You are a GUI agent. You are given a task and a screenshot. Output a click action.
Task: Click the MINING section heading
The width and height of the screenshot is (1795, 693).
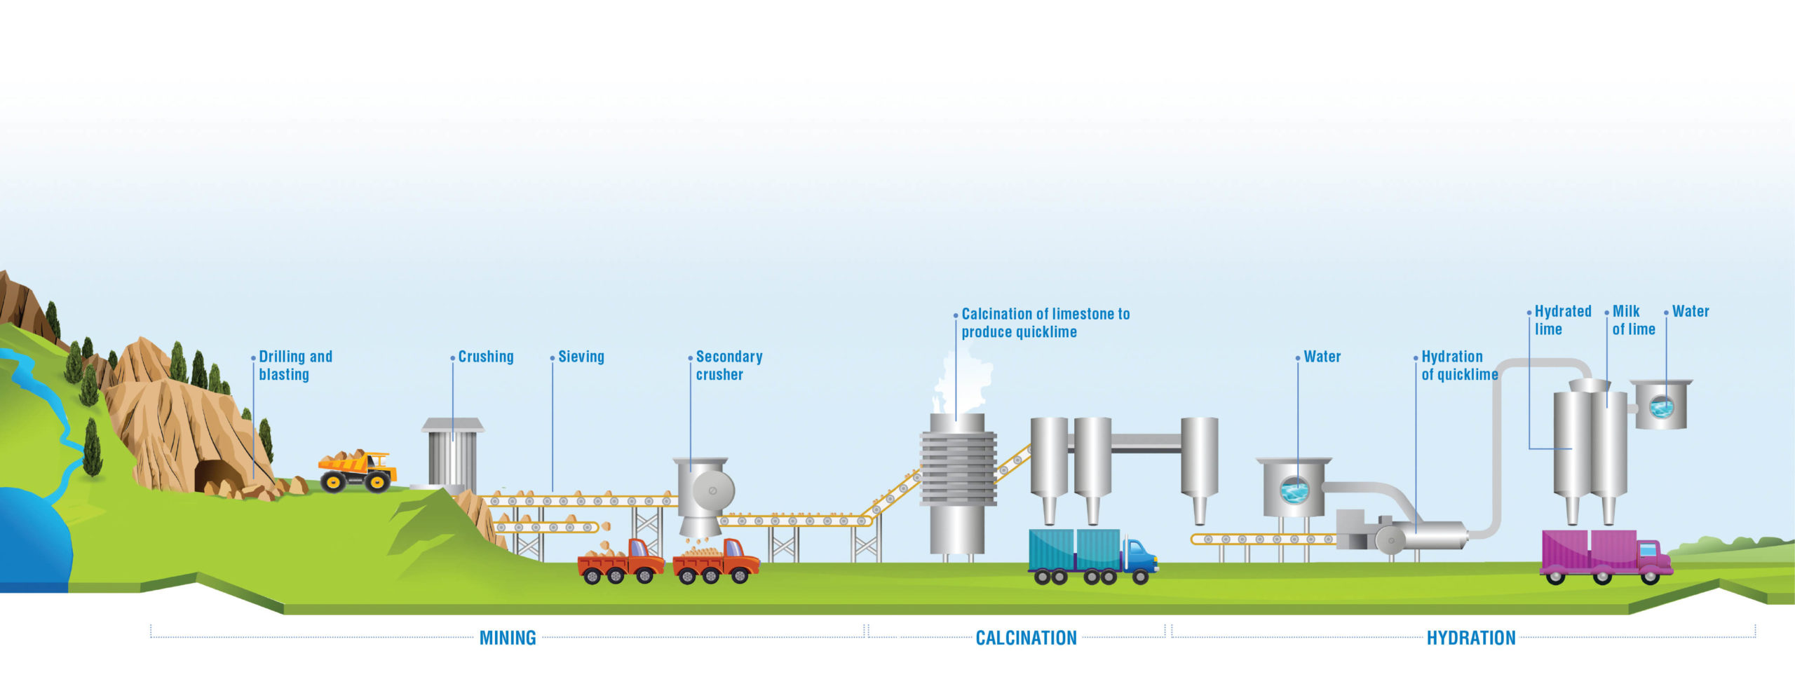(508, 638)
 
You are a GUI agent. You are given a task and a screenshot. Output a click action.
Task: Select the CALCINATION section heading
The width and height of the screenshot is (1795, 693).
(1026, 638)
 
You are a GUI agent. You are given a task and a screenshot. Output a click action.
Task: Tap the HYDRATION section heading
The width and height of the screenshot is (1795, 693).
(1471, 638)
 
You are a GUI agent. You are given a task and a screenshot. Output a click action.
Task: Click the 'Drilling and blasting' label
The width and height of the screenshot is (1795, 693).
(295, 365)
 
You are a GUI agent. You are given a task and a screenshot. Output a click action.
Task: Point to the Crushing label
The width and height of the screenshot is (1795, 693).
(486, 357)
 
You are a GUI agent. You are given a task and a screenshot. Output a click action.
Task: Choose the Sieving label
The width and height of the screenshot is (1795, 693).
(581, 357)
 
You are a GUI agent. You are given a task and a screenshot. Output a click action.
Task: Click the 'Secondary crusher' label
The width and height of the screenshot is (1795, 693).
(729, 365)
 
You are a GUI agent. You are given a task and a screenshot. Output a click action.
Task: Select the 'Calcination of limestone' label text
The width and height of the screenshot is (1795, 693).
(1045, 322)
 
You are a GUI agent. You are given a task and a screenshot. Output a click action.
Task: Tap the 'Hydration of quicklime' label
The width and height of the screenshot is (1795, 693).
(1458, 365)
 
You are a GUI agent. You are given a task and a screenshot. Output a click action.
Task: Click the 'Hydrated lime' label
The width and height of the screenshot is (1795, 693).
(1562, 320)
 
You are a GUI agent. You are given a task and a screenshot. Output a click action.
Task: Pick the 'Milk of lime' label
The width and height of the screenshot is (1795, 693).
(1633, 320)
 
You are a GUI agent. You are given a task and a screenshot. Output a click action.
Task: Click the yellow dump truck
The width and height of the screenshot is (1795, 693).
(358, 470)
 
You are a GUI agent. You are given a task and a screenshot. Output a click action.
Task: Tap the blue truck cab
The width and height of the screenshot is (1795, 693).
(1140, 556)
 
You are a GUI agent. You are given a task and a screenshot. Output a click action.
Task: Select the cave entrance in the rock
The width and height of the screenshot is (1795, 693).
(217, 476)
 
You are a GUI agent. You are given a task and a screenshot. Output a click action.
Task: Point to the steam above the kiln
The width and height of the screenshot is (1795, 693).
(964, 382)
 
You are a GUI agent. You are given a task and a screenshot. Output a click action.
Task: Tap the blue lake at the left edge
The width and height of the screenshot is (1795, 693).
(32, 540)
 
